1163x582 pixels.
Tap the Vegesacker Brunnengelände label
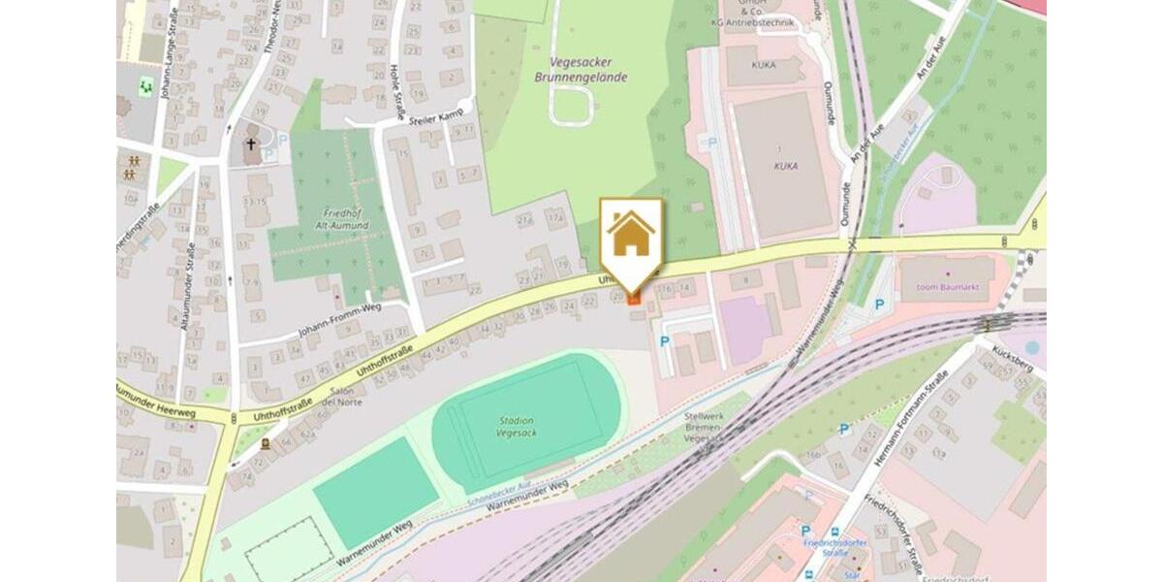point(581,69)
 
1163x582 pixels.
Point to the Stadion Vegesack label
point(517,428)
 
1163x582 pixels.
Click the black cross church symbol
point(251,145)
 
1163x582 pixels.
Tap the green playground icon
point(146,85)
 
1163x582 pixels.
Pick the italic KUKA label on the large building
point(786,166)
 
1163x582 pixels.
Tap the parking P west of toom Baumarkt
point(879,305)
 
